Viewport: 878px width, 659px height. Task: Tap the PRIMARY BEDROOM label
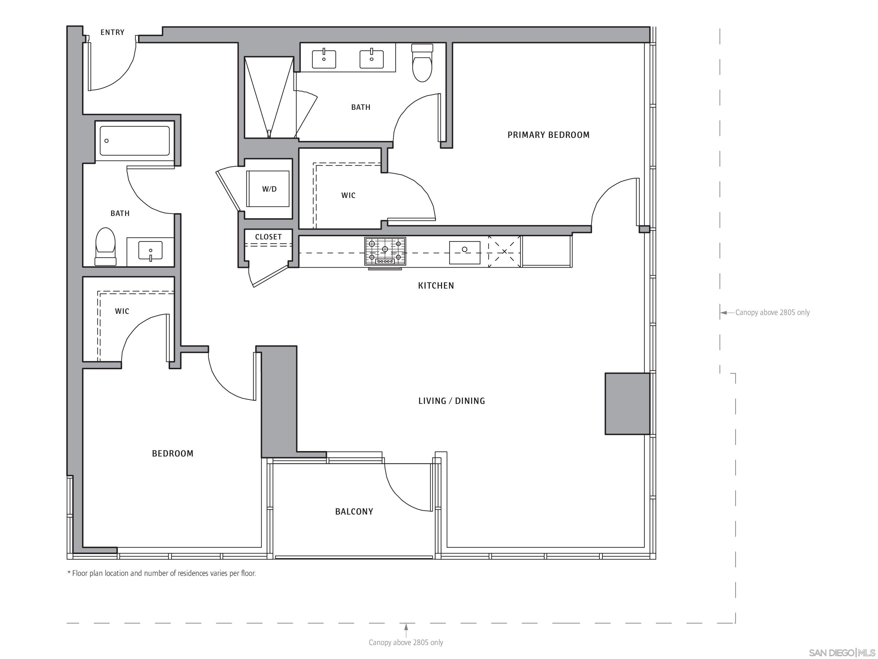pos(548,135)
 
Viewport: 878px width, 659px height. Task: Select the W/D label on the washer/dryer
pos(269,189)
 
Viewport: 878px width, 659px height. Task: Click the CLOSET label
pos(268,237)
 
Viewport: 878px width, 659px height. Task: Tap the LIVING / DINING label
pos(451,401)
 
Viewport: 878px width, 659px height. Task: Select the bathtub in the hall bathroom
pos(135,141)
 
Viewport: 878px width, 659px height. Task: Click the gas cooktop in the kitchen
pos(385,251)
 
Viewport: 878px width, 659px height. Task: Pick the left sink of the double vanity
pos(324,59)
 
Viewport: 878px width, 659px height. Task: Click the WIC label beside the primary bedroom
pos(348,195)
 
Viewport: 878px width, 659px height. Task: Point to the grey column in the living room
pos(627,404)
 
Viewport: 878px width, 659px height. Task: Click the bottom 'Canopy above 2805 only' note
pos(406,642)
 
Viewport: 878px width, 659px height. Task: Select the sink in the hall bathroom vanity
pos(150,250)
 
